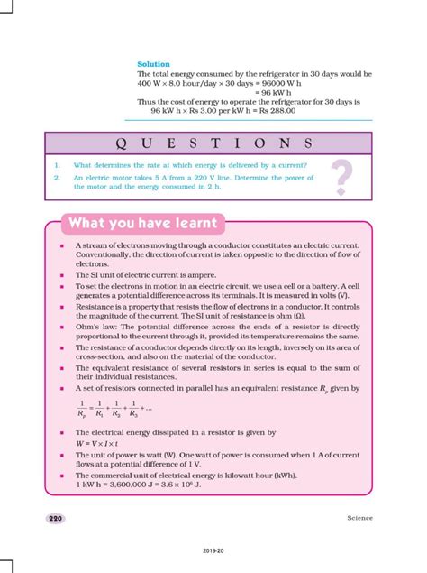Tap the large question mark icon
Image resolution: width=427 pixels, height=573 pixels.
(341, 177)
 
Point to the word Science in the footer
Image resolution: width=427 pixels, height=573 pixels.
(359, 518)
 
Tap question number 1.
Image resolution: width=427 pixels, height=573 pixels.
(56, 164)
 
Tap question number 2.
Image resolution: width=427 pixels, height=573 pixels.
(56, 178)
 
